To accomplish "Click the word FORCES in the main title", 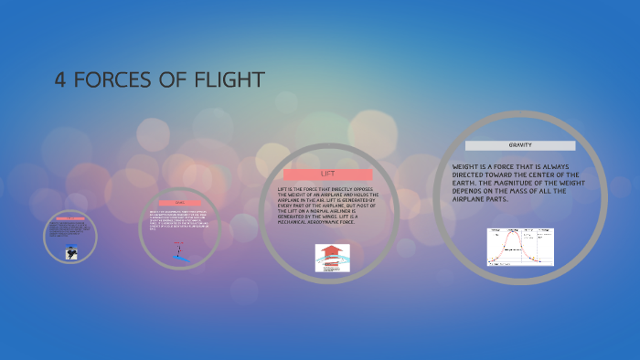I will click(x=120, y=80).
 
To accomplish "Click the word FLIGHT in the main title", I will click(x=229, y=80).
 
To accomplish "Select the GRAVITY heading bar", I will click(x=520, y=145).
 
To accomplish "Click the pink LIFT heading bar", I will click(x=327, y=174).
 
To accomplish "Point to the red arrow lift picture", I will click(x=333, y=257).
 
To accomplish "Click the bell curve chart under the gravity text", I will click(x=520, y=247).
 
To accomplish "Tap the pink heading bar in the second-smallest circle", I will click(x=180, y=203).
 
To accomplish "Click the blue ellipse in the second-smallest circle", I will click(x=184, y=258).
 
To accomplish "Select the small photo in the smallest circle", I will click(x=69, y=250).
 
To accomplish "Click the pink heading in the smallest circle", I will click(x=70, y=219).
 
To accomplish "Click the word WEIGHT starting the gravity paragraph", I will click(x=467, y=166).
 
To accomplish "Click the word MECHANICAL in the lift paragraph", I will click(x=296, y=223).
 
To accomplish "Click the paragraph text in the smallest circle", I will click(x=70, y=230).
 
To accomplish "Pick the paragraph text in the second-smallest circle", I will click(x=181, y=220).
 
